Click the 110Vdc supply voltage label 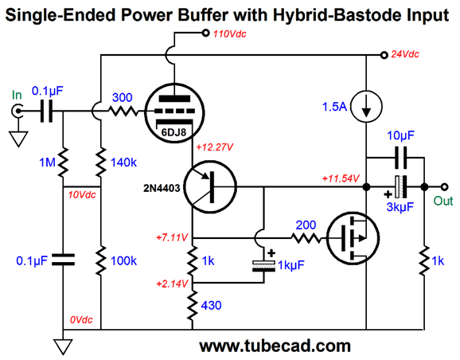(x=230, y=34)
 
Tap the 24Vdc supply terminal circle (x=384, y=55)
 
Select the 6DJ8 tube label (x=173, y=132)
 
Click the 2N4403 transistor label (x=162, y=188)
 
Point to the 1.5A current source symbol (x=366, y=107)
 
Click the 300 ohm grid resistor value (x=123, y=97)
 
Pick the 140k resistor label (x=123, y=162)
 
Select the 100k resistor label (x=123, y=260)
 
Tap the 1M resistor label (x=47, y=162)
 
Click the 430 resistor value (x=211, y=306)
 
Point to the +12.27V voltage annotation (x=215, y=147)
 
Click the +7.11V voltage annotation (x=172, y=237)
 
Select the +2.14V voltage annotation (x=172, y=284)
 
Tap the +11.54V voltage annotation (x=341, y=178)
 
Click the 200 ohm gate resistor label (x=306, y=225)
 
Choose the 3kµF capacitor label (x=400, y=207)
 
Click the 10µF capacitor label (x=401, y=135)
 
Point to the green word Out (x=443, y=202)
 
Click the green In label (x=17, y=95)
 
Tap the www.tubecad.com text (x=275, y=346)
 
